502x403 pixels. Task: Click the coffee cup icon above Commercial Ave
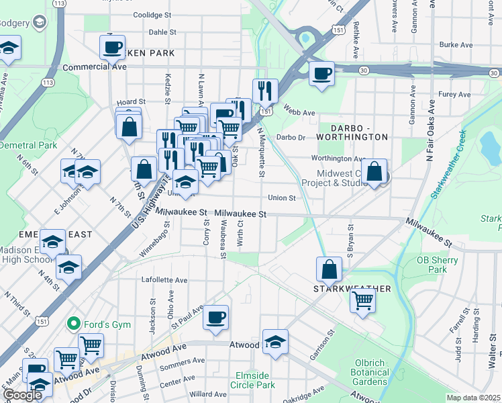pos(112,47)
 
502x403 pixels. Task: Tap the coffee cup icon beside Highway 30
pos(321,73)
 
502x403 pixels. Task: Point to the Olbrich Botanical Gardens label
pos(370,372)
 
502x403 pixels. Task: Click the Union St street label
pos(282,198)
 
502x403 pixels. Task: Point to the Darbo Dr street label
pos(291,137)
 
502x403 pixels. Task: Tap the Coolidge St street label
pos(152,14)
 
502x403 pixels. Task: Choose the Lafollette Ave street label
pos(164,279)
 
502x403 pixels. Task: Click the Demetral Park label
pos(28,145)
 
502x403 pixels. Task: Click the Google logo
pos(22,395)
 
